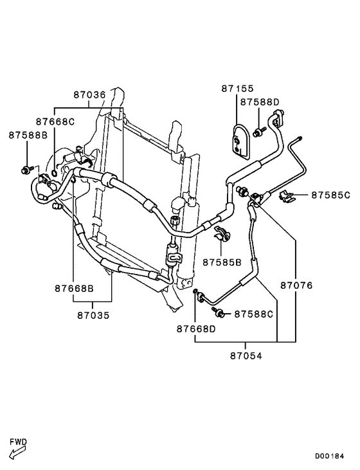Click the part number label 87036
coord(89,94)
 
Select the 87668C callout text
coord(55,122)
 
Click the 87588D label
coord(260,102)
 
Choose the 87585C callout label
coord(330,195)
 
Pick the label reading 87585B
coord(222,262)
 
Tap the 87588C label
coord(253,314)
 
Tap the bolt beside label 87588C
coord(218,312)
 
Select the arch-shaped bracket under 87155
coord(241,140)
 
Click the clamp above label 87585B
coord(222,235)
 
